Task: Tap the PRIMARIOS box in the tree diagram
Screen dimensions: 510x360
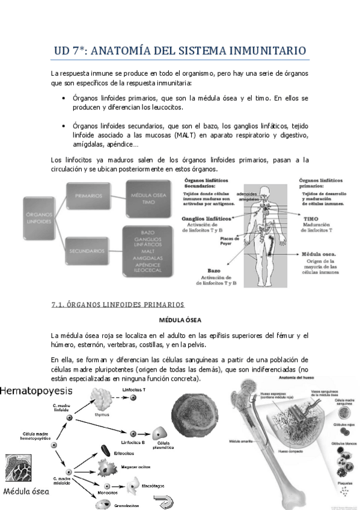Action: coord(89,195)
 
